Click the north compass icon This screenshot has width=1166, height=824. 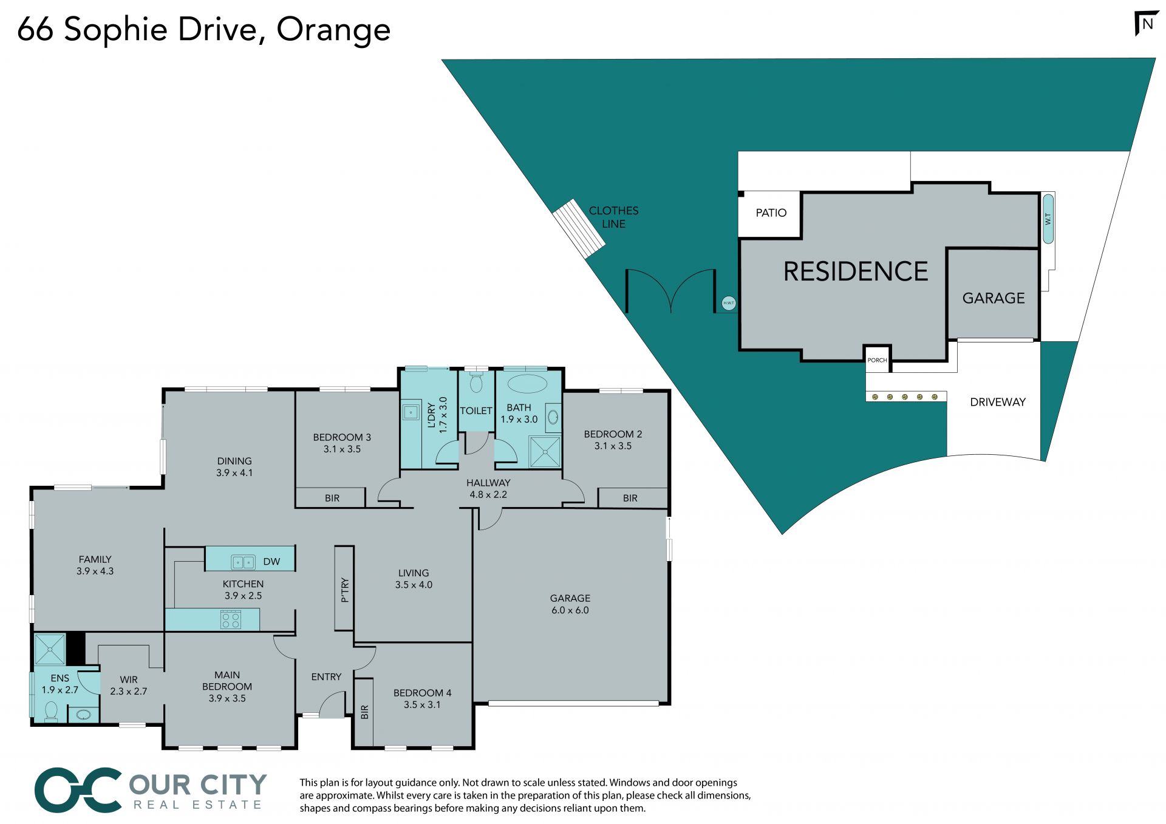pos(1147,24)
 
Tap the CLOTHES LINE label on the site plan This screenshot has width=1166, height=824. pos(613,217)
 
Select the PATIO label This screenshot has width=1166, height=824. pos(771,213)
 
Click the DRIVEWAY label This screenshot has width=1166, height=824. pos(997,402)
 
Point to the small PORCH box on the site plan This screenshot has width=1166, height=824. pos(877,359)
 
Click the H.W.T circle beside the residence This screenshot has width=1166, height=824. pos(729,303)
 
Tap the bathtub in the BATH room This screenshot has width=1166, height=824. pos(527,384)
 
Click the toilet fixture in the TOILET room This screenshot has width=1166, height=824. pos(476,383)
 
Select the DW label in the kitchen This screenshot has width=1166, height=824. pos(271,562)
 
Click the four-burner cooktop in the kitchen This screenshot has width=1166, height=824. pos(231,620)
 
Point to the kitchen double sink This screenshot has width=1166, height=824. pos(243,562)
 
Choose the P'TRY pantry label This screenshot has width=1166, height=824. pos(344,590)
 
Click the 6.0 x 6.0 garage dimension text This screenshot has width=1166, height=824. pos(570,610)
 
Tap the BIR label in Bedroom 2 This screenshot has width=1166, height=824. pos(630,498)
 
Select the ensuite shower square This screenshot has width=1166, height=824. pos(49,649)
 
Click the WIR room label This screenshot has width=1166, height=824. pos(129,679)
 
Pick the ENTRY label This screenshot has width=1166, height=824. pos(326,676)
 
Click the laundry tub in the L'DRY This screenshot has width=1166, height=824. pos(411,412)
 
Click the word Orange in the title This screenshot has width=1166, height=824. pos(333,30)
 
